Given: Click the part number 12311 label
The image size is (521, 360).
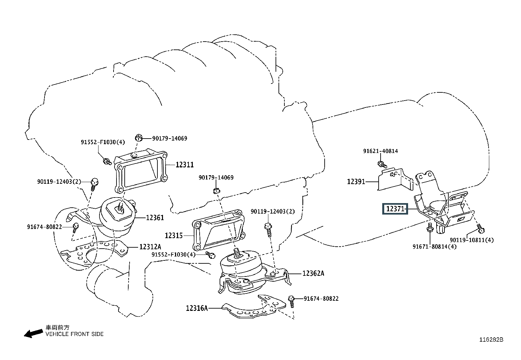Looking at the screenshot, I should click(185, 165).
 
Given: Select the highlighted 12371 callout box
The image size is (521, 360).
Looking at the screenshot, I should click(396, 209).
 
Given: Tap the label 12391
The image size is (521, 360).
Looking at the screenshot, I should click(356, 181).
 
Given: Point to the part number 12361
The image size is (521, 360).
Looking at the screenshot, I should click(155, 218).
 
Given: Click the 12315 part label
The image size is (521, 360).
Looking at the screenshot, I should click(174, 235).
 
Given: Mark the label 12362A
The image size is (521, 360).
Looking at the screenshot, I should click(313, 273).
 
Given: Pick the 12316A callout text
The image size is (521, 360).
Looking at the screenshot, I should click(197, 308).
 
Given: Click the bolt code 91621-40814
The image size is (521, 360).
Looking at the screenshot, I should click(380, 151).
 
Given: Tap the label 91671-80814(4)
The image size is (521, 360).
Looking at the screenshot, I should click(434, 246).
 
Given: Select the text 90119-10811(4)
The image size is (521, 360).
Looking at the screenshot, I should click(472, 240).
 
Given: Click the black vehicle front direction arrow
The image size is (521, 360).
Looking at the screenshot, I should click(32, 334).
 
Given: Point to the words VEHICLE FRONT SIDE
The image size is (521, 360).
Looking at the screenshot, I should click(74, 334).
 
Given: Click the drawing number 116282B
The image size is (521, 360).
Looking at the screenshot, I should click(491, 340).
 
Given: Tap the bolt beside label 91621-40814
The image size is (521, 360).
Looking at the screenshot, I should click(382, 163).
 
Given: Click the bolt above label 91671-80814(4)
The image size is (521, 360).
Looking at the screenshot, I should click(430, 227).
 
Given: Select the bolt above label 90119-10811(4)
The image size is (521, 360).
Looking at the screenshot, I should click(480, 227).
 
